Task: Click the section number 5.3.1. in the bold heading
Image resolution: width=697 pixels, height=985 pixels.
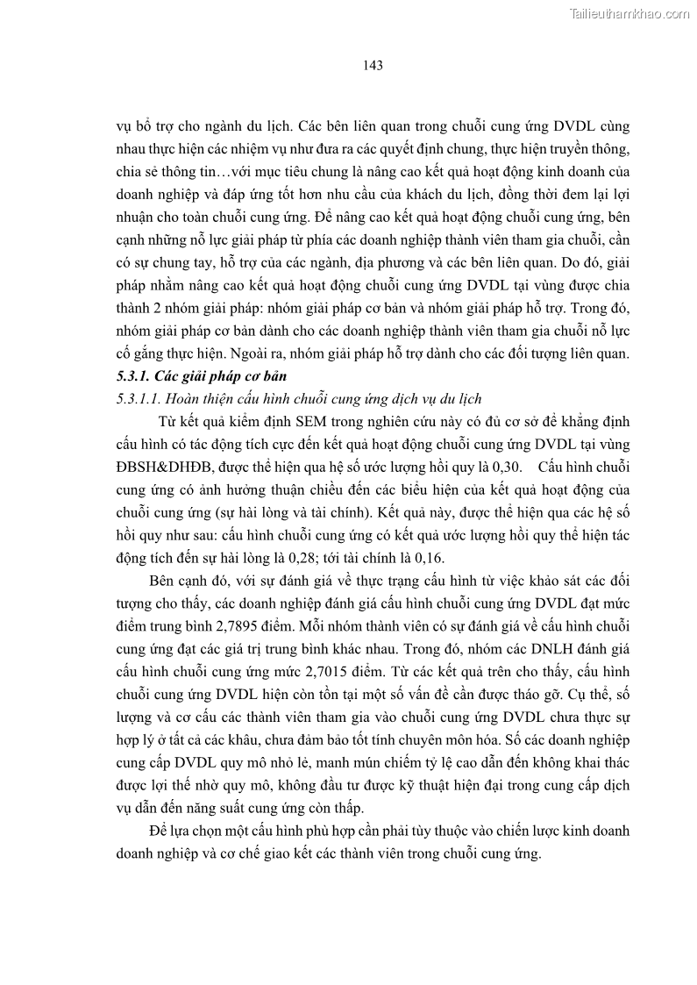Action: [x=134, y=376]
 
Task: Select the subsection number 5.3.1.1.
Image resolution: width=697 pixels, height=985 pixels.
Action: [x=139, y=399]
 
